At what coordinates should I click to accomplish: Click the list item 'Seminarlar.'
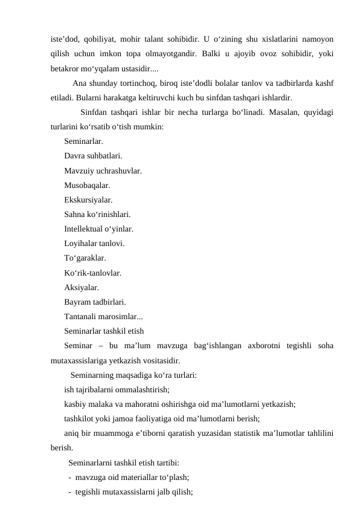[x=83, y=142]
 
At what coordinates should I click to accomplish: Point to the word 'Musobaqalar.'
[x=87, y=186]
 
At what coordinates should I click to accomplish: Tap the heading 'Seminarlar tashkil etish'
[x=104, y=331]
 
